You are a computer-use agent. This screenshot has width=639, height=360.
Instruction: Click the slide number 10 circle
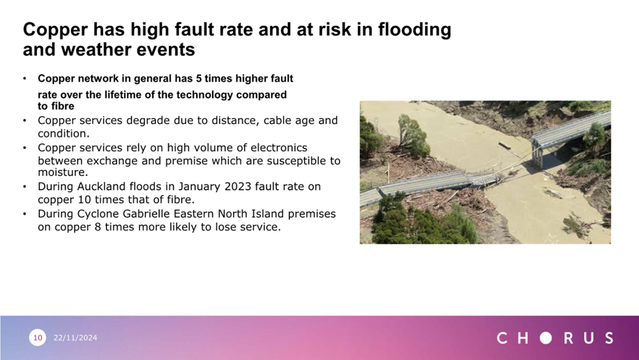point(38,338)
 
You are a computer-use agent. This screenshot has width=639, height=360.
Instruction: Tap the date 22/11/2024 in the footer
point(75,338)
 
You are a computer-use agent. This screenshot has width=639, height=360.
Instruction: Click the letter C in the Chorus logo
point(503,338)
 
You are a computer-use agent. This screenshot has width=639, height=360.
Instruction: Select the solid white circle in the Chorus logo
point(545,338)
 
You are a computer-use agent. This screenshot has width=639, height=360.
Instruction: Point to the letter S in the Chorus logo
point(608,338)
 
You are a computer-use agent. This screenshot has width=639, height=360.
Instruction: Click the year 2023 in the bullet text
point(231,187)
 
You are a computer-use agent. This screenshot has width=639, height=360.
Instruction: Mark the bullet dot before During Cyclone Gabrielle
point(24,213)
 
